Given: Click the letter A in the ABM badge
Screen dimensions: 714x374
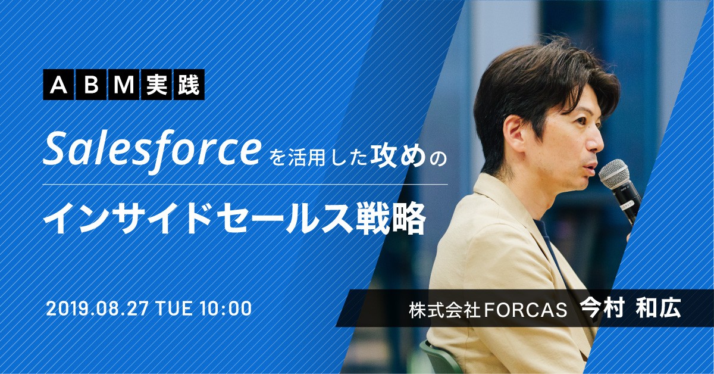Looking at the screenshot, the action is pos(59,85).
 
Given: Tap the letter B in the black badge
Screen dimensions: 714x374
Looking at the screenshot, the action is pos(91,85).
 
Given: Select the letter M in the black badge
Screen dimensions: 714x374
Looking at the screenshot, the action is pos(123,85).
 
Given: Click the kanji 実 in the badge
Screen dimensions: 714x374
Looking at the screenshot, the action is pos(156,85).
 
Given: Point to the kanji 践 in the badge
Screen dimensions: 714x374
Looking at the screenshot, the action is pos(189,85).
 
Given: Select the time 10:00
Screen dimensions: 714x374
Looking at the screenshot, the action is pos(226,308).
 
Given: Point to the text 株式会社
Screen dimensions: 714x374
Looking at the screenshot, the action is pos(445,309).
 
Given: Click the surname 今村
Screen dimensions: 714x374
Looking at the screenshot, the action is pos(602,308).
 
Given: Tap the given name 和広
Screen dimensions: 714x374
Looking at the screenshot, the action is pos(658,308).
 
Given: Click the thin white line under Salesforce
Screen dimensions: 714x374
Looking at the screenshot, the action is pos(245,184).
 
